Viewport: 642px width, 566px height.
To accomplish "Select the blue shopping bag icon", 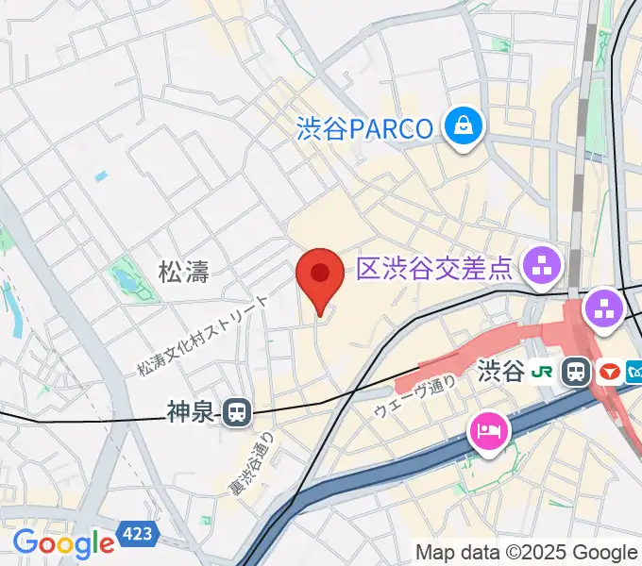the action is [465, 125].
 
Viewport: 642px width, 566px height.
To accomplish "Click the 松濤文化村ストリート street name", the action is [202, 334].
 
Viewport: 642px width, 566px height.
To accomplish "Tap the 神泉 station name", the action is [192, 411].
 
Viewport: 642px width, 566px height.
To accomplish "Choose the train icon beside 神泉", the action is [237, 411].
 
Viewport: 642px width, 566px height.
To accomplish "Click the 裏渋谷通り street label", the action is [252, 462].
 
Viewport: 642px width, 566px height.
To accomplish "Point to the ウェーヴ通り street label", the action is [414, 397].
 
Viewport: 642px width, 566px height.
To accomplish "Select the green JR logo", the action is [543, 372].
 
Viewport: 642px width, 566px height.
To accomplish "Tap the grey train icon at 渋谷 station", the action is [574, 372].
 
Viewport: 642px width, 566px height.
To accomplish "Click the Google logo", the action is [63, 543].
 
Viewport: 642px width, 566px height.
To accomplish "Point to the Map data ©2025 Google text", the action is [527, 553].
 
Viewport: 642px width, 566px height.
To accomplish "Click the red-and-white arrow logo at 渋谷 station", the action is [606, 372].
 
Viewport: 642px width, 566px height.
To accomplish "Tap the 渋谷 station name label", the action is [500, 371].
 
